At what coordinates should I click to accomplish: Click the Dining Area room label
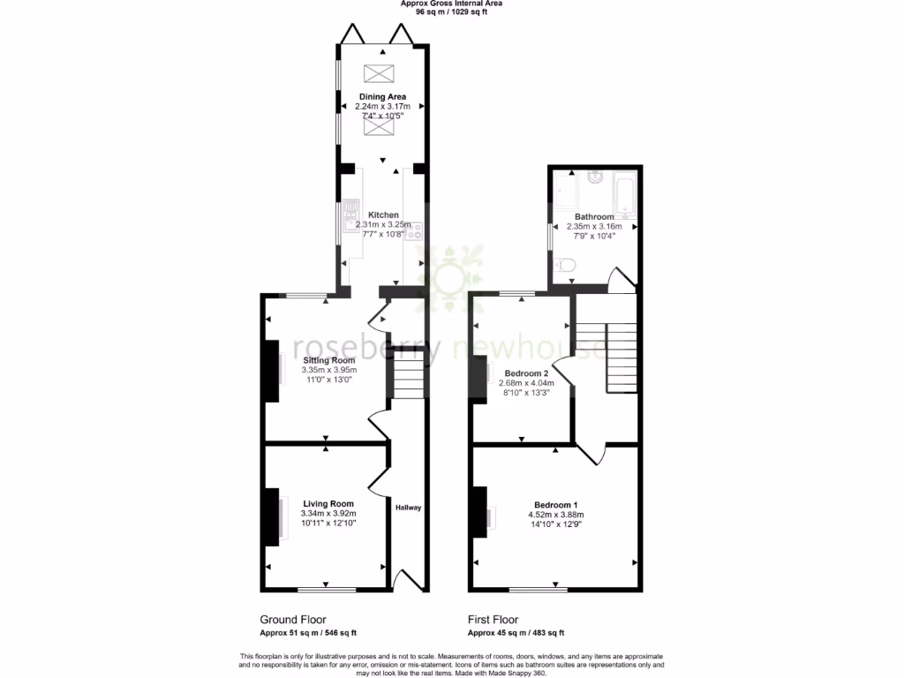tap(382, 96)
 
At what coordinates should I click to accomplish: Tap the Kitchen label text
tap(383, 215)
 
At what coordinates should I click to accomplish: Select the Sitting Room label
tap(329, 360)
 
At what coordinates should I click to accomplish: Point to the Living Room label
tap(328, 504)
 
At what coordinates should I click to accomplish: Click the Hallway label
tap(408, 508)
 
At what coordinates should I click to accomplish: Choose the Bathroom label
tap(594, 216)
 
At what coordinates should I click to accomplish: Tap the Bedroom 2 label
tap(526, 373)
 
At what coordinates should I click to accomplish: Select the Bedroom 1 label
tap(555, 504)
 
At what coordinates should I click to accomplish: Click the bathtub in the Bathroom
tap(625, 195)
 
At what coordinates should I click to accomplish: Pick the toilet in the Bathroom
tap(566, 262)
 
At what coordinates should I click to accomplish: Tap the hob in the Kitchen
tap(415, 231)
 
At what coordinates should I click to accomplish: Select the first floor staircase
tap(621, 357)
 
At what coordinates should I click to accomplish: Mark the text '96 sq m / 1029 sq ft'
tap(451, 13)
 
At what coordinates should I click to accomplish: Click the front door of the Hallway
tap(410, 578)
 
